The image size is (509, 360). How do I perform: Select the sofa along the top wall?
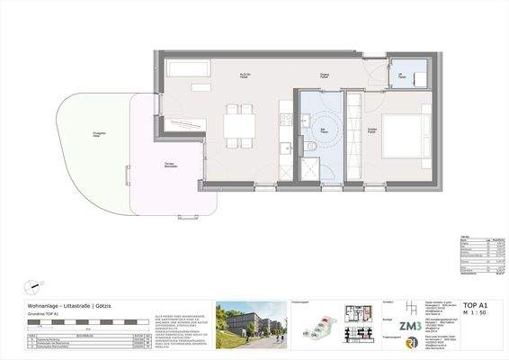pos(190,68)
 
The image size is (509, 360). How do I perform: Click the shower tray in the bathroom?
pos(309,166)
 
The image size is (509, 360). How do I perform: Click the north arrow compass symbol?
pos(34,285)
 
